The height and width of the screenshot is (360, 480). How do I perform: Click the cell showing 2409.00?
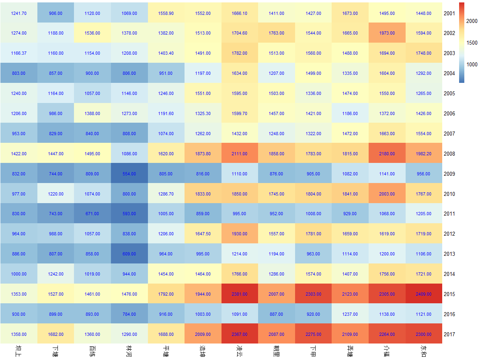[x=424, y=294]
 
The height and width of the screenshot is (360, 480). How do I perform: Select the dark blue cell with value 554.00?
[x=129, y=174]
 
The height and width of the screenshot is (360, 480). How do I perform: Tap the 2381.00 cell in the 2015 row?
[x=240, y=294]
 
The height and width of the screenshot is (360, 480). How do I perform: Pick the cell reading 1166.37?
[x=18, y=53]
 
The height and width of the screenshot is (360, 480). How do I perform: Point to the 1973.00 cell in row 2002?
[x=387, y=33]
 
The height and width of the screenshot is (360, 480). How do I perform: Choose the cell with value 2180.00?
[x=387, y=154]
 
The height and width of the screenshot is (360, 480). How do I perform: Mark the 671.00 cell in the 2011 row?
[x=92, y=214]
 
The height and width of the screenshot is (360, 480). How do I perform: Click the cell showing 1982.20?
[x=424, y=154]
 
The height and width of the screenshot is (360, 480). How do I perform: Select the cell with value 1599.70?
[x=240, y=113]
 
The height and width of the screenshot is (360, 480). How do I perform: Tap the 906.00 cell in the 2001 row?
[x=55, y=13]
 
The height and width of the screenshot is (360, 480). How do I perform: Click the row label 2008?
[x=449, y=154]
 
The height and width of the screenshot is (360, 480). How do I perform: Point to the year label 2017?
[x=449, y=334]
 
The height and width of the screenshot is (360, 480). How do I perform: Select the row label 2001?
[x=449, y=13]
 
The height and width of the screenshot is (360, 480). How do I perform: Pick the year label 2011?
[x=449, y=214]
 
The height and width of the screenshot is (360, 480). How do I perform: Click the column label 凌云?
[x=240, y=350]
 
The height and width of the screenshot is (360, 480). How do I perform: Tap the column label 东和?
[x=424, y=350]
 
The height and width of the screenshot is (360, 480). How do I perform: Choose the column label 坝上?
[x=18, y=350]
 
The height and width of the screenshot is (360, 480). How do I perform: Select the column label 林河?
[x=129, y=350]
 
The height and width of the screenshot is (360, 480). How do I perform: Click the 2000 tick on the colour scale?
[x=472, y=21]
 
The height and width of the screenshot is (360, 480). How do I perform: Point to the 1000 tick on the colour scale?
[x=472, y=64]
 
